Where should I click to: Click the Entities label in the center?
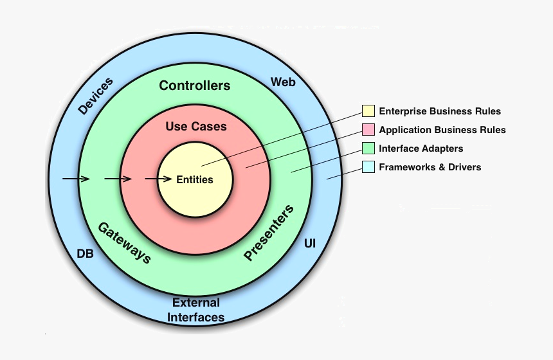pyautogui.click(x=195, y=179)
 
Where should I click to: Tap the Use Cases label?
pyautogui.click(x=196, y=127)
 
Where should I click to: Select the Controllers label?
pyautogui.click(x=195, y=85)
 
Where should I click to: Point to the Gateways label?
pyautogui.click(x=125, y=242)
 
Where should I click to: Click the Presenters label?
pyautogui.click(x=269, y=233)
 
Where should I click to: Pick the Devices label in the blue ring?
pyautogui.click(x=95, y=96)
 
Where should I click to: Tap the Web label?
pyautogui.click(x=283, y=82)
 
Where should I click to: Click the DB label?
pyautogui.click(x=86, y=254)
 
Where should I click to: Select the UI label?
pyautogui.click(x=309, y=244)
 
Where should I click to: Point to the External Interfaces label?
pyautogui.click(x=196, y=310)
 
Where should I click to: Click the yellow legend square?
pyautogui.click(x=368, y=111)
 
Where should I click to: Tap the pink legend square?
pyautogui.click(x=368, y=130)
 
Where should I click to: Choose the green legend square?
pyautogui.click(x=368, y=148)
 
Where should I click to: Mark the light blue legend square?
pyautogui.click(x=368, y=167)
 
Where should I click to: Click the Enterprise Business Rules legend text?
pyautogui.click(x=440, y=111)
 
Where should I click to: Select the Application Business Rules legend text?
pyautogui.click(x=442, y=130)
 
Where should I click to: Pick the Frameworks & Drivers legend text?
pyautogui.click(x=430, y=167)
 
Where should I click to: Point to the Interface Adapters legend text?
pyautogui.click(x=421, y=148)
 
